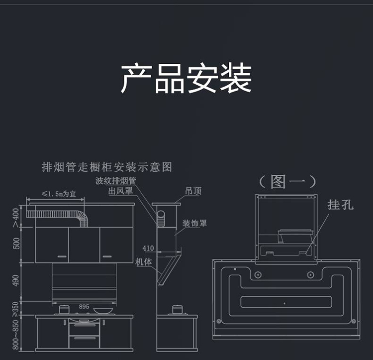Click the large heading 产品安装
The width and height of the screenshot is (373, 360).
click(x=186, y=79)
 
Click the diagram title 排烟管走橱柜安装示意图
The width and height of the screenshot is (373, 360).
click(x=106, y=167)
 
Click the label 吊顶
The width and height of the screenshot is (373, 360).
click(x=193, y=191)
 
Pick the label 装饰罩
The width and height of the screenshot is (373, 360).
click(x=194, y=223)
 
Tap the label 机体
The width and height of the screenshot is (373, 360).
click(x=143, y=261)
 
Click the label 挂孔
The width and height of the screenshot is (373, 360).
click(x=340, y=205)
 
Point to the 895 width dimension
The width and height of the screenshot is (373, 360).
click(x=84, y=306)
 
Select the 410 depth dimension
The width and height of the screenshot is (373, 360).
click(x=148, y=247)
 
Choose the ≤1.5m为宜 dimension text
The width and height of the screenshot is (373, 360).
click(x=58, y=194)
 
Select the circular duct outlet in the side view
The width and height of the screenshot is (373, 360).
click(x=162, y=218)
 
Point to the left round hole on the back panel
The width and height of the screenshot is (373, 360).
click(x=258, y=274)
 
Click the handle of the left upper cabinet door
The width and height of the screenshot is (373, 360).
click(x=61, y=256)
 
